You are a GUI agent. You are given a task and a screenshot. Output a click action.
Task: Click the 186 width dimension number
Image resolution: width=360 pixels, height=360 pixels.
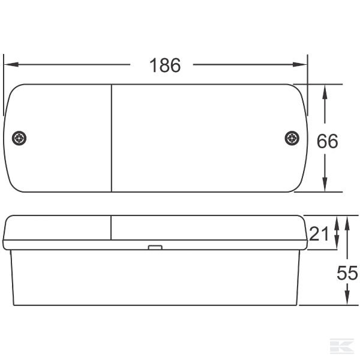click(164, 65)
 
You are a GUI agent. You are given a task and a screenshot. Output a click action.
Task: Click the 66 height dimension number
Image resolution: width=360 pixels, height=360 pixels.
click(327, 142)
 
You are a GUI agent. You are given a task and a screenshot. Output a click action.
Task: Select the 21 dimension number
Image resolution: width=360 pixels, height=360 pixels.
click(319, 233)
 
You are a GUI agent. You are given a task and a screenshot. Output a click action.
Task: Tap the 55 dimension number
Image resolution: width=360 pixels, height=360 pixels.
click(347, 273)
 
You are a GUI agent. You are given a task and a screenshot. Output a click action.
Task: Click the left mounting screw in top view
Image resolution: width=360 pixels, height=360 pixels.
click(20, 139)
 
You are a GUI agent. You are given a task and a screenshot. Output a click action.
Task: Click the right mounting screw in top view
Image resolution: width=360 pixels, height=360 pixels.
click(292, 139)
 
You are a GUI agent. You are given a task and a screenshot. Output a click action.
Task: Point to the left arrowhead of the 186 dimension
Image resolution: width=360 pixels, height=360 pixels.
click(8, 64)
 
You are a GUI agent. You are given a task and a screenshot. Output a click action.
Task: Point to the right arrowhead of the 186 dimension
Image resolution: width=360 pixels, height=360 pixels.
click(303, 64)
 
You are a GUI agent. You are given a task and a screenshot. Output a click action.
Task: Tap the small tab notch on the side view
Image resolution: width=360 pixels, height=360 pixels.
click(155, 247)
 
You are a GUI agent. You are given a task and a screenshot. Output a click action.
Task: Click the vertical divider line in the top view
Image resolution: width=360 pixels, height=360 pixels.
click(112, 138)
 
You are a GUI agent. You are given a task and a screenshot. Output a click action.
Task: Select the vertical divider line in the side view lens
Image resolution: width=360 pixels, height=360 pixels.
click(112, 228)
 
